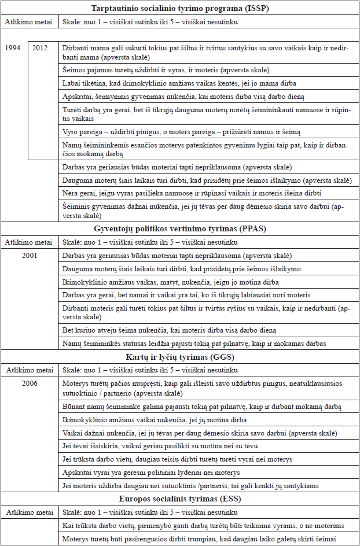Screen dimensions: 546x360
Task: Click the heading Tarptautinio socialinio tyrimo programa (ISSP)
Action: coord(179,9)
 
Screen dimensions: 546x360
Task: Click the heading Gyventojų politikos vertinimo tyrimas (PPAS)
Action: coord(179,230)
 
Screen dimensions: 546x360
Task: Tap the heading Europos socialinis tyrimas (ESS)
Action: coord(179,498)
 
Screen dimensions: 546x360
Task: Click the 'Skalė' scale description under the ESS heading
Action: coord(150,512)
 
